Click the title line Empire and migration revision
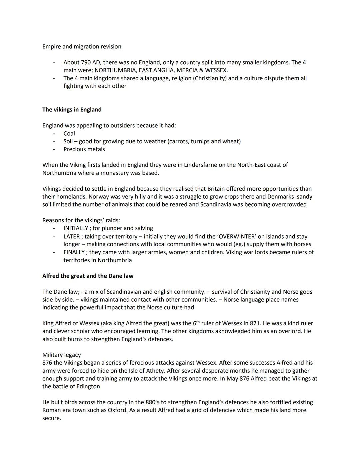pos(82,47)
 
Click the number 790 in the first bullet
pos(86,63)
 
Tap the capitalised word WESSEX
pos(216,70)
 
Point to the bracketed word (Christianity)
pos(199,78)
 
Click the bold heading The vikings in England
pos(72,110)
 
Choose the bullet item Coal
pos(69,133)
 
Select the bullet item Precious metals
pos(84,149)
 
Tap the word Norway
pos(99,197)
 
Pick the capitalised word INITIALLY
pos(76,228)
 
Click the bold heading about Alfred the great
pos(88,276)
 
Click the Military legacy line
pos(61,355)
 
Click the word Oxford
pos(117,410)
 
